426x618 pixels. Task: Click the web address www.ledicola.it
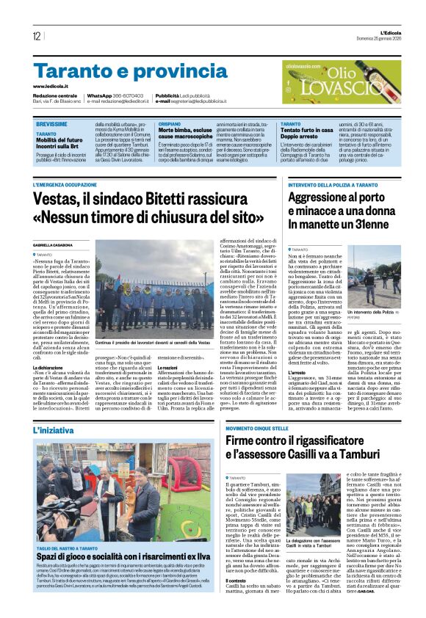click(54, 87)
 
